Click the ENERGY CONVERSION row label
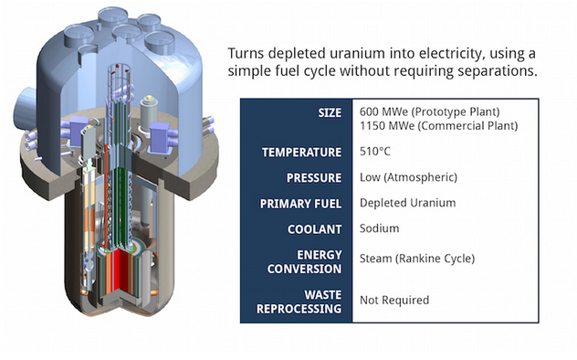point(305,261)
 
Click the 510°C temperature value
point(376,152)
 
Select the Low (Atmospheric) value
point(408,177)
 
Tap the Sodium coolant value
point(381,228)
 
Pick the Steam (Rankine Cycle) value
point(417,259)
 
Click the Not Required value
point(394,300)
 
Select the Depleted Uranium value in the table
point(407,203)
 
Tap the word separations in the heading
point(500,71)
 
